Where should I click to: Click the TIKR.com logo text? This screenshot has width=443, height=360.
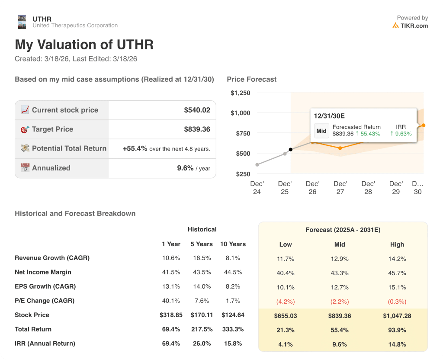[414, 26]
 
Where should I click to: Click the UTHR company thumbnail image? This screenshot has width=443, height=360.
[22, 22]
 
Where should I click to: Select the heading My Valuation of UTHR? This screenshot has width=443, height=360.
[84, 45]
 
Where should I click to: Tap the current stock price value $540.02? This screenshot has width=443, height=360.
[197, 110]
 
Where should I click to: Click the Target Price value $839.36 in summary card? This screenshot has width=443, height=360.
[197, 129]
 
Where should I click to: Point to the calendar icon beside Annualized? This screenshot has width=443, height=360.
[25, 168]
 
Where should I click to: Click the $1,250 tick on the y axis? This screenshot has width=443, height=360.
[240, 93]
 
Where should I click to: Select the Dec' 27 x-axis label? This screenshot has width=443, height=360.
[340, 187]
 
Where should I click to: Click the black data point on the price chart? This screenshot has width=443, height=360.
[290, 150]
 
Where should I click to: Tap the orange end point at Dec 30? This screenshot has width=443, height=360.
[423, 125]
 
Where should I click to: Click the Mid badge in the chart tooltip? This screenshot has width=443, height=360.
[321, 131]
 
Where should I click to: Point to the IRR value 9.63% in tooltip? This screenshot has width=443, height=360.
[401, 134]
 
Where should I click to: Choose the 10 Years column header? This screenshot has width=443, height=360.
[233, 244]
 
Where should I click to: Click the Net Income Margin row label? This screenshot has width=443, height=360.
[43, 272]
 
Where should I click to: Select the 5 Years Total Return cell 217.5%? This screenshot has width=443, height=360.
[202, 329]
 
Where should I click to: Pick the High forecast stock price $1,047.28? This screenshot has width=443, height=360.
[397, 315]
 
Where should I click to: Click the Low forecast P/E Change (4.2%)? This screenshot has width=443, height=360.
[285, 301]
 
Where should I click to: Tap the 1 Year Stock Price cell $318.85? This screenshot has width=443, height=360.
[171, 315]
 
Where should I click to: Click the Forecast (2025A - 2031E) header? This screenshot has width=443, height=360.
[343, 230]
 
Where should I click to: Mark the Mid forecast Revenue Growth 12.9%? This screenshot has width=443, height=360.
[340, 259]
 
